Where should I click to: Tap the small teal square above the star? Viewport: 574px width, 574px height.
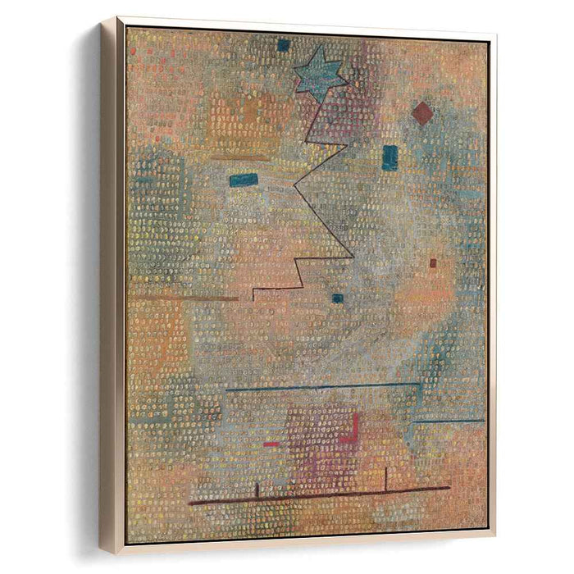[x=283, y=45]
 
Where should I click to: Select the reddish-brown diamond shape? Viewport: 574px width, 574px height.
[x=421, y=113]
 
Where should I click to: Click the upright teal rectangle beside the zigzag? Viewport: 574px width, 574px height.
[x=389, y=157]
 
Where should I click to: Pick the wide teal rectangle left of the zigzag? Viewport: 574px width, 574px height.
[x=244, y=180]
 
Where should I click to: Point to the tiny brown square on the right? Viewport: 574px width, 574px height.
[x=433, y=263]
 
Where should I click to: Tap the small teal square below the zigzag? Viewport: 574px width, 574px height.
[x=337, y=298]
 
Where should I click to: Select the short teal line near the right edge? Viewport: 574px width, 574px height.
[x=449, y=421]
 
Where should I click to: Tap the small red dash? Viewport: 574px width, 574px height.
[x=271, y=444]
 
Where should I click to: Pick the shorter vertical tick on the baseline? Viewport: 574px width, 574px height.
[x=257, y=490]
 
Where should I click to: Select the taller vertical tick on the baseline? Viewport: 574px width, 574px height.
[x=385, y=479]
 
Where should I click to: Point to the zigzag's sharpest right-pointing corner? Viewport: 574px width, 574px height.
[x=353, y=257]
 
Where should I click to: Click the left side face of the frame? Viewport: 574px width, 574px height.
[x=112, y=287]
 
